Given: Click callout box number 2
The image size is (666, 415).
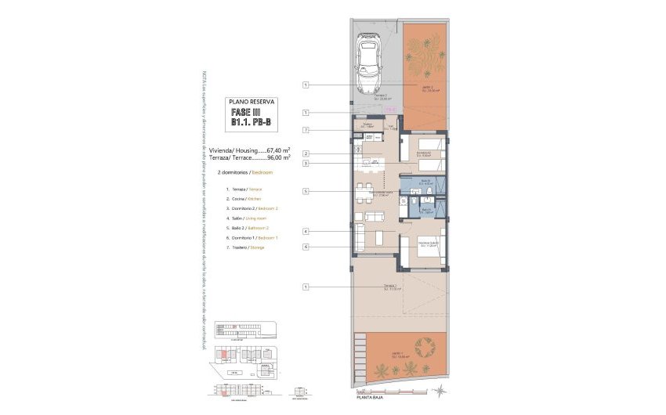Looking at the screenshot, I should click(306, 153).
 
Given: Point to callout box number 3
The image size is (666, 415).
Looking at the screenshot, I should click(306, 164).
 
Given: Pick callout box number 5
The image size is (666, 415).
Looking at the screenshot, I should click(306, 191).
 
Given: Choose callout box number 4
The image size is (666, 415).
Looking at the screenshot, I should click(306, 231).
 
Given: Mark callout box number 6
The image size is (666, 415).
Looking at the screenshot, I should click(306, 247).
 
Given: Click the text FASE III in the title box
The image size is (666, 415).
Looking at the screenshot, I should click(247, 112).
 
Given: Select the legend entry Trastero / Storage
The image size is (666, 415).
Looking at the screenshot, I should click(246, 247).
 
